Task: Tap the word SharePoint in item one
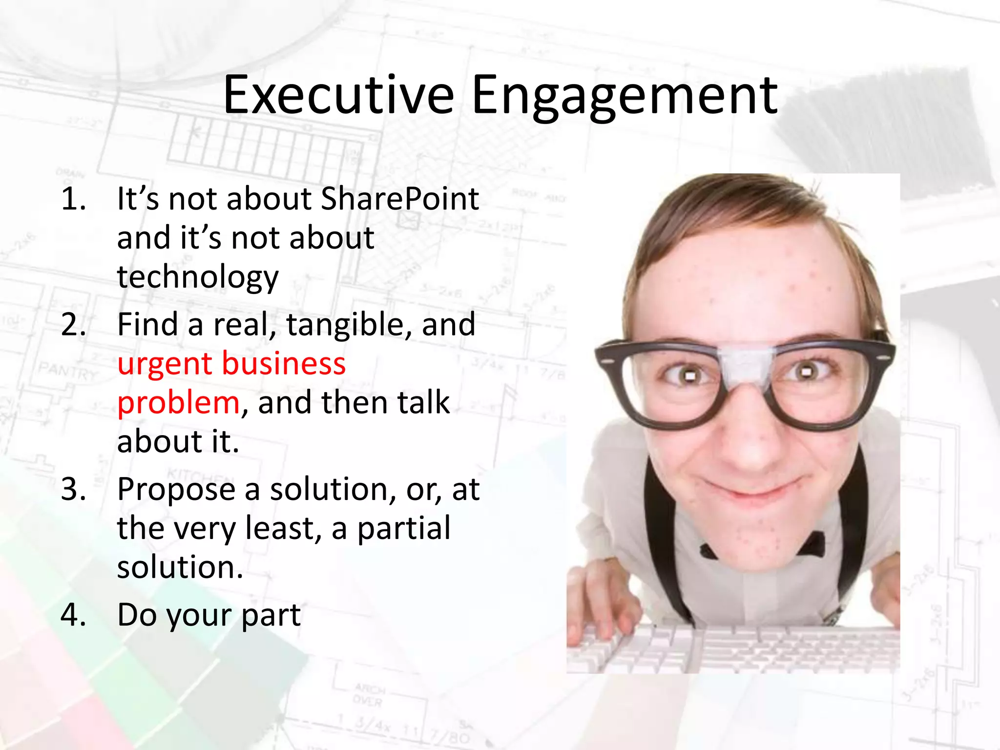point(399,199)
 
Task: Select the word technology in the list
point(198,277)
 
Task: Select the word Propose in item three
point(176,490)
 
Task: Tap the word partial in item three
point(404,529)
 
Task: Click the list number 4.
point(73,615)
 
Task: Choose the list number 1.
point(73,199)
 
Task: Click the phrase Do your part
point(208,615)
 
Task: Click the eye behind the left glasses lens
point(689,376)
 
